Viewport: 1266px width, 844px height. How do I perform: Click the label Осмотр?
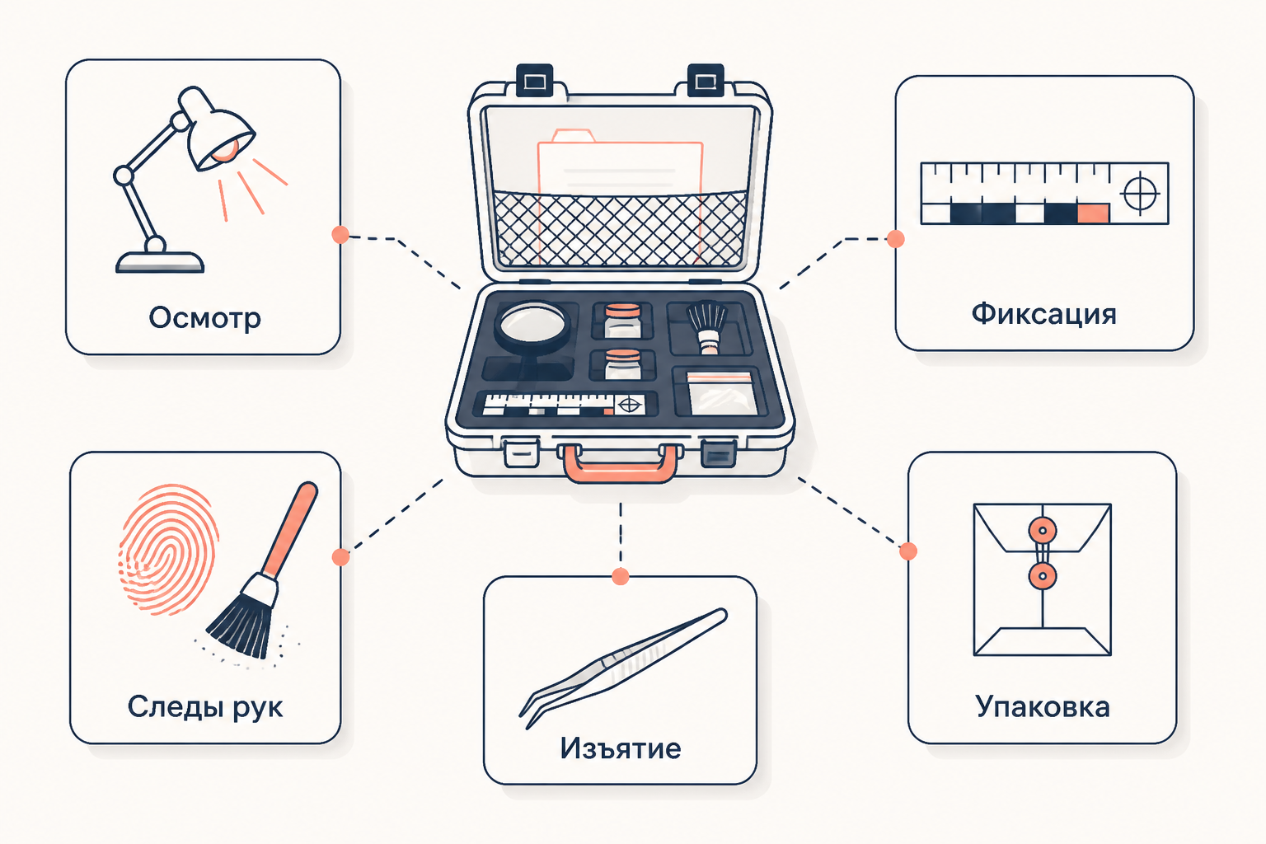204,318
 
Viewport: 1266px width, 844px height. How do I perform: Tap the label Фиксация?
1044,314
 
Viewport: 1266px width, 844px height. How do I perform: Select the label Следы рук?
204,707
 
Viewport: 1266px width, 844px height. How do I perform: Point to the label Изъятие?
621,748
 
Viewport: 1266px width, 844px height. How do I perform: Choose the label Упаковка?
1043,707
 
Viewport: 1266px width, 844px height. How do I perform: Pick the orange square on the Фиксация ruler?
1093,213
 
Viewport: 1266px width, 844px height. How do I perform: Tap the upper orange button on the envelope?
1043,531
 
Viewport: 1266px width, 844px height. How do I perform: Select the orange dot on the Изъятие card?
621,577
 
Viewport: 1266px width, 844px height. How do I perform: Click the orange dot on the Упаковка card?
908,551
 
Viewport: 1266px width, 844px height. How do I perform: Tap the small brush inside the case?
707,326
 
